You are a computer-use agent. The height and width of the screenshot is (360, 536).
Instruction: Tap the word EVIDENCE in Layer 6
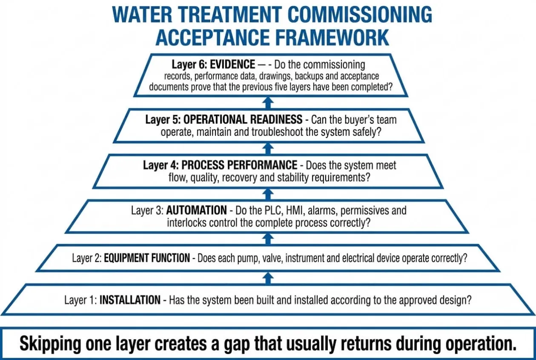click(x=232, y=64)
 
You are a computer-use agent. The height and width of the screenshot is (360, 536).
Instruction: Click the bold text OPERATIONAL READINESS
click(x=243, y=119)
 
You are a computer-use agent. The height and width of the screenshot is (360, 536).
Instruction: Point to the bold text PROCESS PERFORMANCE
click(x=239, y=165)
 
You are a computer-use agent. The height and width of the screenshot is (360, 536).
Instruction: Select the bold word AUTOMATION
click(x=196, y=210)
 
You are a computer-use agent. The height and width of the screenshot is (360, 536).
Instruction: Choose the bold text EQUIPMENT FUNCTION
click(x=147, y=258)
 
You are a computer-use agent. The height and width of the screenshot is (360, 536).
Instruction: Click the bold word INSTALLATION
click(x=130, y=300)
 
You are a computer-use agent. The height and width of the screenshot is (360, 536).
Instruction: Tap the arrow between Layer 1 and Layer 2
click(x=268, y=278)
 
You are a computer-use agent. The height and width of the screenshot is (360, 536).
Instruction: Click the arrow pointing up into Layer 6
click(x=268, y=103)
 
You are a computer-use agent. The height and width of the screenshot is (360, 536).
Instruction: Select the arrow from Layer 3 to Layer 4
click(x=268, y=194)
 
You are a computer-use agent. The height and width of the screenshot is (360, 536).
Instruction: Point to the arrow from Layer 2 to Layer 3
click(x=268, y=239)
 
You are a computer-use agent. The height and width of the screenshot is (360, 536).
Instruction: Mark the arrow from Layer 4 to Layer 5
click(x=268, y=149)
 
